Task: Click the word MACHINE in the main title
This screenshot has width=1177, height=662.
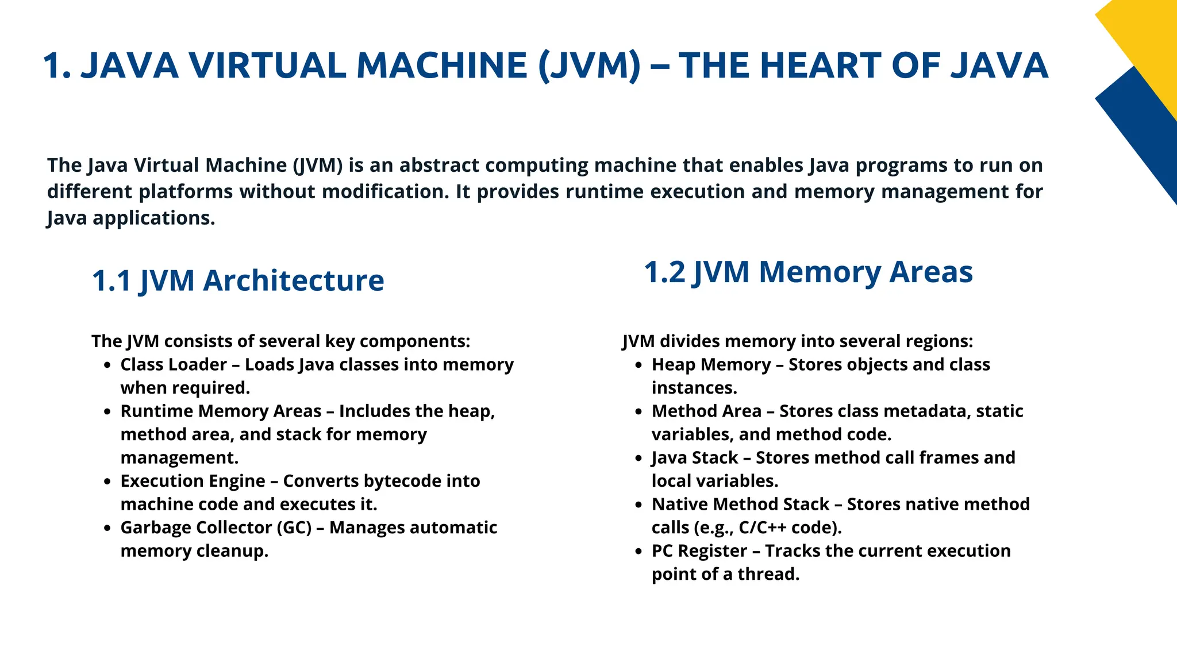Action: click(441, 66)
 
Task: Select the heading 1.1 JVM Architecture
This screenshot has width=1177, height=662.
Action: click(238, 281)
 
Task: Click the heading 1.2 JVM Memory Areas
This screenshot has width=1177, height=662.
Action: click(808, 272)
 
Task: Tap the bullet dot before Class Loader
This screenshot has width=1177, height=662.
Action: click(107, 365)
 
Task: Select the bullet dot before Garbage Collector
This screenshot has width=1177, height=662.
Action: click(107, 528)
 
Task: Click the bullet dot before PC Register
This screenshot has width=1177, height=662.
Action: click(638, 552)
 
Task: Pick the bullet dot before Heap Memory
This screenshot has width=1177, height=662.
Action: click(638, 365)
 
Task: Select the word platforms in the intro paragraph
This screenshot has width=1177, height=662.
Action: click(186, 192)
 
